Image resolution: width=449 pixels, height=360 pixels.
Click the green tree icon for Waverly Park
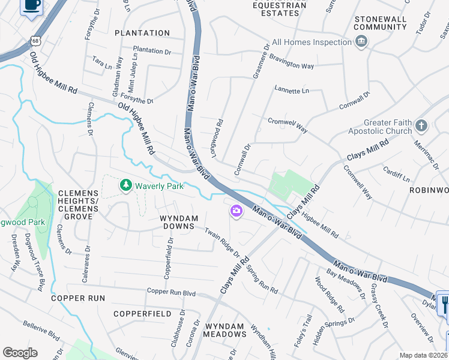pyautogui.click(x=126, y=185)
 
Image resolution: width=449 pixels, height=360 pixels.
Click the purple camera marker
pyautogui.click(x=236, y=211)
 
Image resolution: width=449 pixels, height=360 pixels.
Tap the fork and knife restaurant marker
pyautogui.click(x=443, y=304)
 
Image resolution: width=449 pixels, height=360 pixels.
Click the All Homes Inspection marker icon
pyautogui.click(x=361, y=42)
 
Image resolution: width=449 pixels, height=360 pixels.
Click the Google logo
pyautogui.click(x=20, y=353)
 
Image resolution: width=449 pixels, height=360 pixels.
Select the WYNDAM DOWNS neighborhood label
pyautogui.click(x=178, y=221)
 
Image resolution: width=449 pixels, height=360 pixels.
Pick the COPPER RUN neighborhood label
pyautogui.click(x=78, y=298)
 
